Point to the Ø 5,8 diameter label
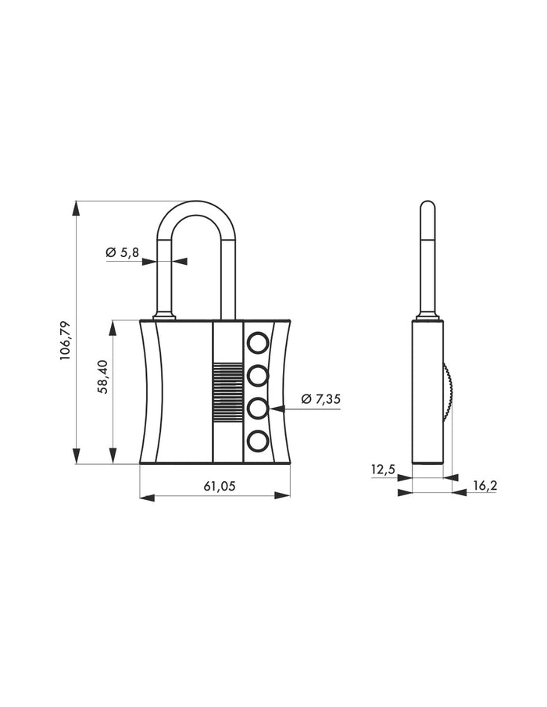[122, 252]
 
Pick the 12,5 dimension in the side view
[384, 469]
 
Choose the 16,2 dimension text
[484, 486]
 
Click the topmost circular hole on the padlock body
[258, 341]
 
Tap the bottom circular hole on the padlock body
[258, 443]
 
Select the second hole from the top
[258, 375]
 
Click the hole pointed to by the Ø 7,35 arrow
[258, 409]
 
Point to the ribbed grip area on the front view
[227, 393]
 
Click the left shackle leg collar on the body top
[164, 316]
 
